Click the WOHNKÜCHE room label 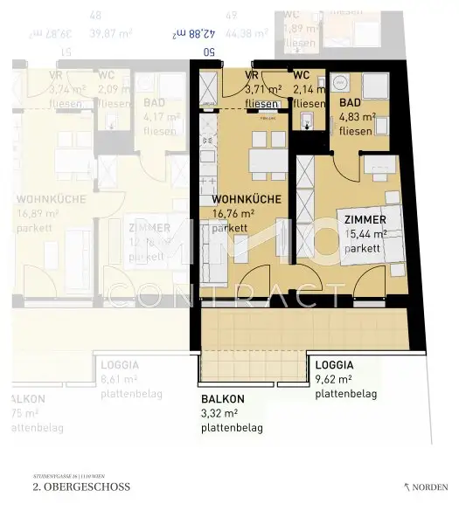click(x=246, y=200)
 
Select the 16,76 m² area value click(x=233, y=212)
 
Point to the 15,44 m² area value click(x=366, y=235)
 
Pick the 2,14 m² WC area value click(x=309, y=90)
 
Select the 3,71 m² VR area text click(x=262, y=90)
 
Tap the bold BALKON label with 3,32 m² click(x=222, y=398)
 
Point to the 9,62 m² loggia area click(x=333, y=380)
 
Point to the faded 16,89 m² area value click(x=37, y=212)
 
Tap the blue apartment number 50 click(x=208, y=52)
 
